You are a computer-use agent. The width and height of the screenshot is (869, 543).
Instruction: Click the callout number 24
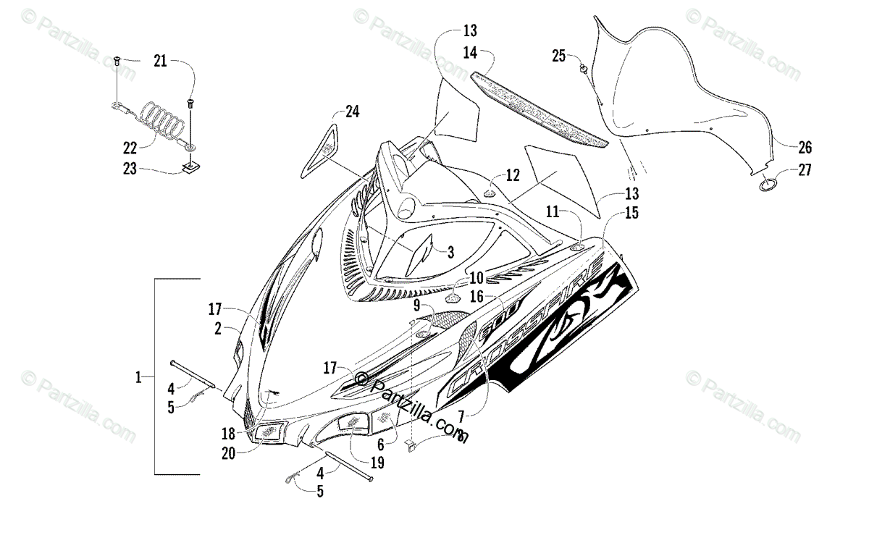(352, 111)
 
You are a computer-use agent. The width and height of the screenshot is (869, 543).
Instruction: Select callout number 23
(130, 171)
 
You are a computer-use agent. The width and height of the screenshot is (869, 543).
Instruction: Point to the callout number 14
(470, 52)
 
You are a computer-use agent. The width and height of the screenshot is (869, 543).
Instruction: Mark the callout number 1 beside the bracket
(138, 376)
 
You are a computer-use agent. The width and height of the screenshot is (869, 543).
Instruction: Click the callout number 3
(450, 252)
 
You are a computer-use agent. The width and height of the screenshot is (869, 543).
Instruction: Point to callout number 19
(378, 461)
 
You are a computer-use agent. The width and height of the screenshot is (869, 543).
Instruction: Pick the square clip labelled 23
(191, 169)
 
